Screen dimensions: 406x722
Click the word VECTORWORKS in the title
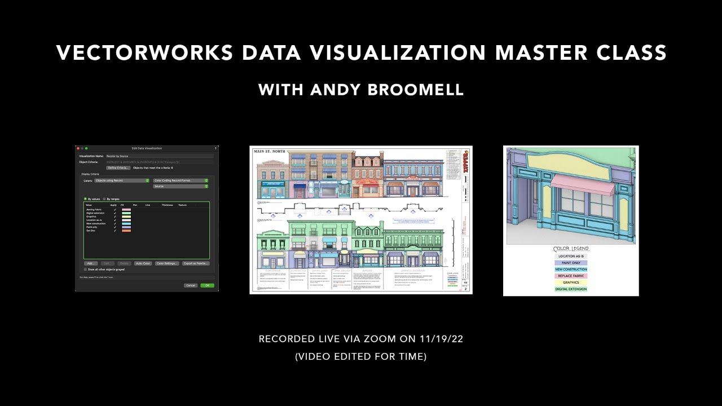pos(144,53)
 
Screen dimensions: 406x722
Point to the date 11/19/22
pos(442,339)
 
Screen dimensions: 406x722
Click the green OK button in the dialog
pos(207,285)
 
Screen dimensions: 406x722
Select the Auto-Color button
pos(143,263)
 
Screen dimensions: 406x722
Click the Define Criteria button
pos(118,167)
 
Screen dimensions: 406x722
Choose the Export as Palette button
pos(196,263)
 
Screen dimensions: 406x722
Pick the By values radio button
pos(85,199)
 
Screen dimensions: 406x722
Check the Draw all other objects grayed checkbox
pos(86,270)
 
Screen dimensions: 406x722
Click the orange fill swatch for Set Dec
pos(126,231)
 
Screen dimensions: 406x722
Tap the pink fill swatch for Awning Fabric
pos(126,210)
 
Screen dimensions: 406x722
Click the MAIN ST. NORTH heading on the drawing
pos(270,152)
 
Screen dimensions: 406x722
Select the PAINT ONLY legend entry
pos(571,263)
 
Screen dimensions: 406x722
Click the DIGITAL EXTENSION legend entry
pos(571,289)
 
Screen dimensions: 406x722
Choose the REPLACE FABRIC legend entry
pos(571,276)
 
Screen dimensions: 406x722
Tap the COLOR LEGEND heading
pos(571,249)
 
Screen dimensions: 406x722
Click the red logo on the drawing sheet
pos(466,155)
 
